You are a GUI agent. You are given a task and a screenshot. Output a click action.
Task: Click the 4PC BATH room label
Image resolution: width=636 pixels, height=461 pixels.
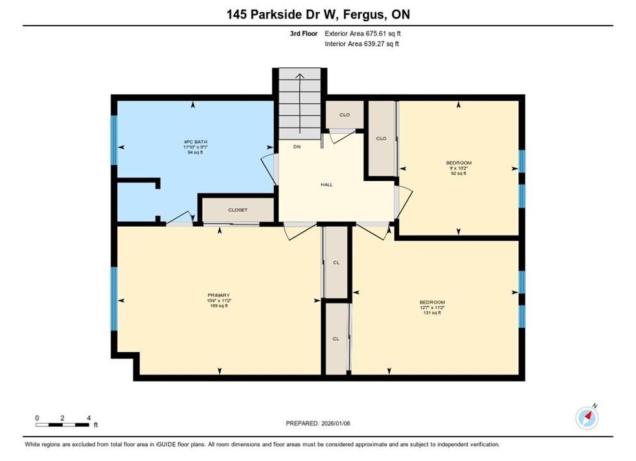point(196,142)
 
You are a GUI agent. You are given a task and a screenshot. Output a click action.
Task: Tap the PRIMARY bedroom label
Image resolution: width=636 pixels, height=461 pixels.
point(219,295)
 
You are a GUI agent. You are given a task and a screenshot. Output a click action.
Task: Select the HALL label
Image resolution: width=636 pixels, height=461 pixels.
point(326,184)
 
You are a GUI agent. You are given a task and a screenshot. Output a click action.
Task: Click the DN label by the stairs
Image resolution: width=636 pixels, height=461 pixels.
point(297,147)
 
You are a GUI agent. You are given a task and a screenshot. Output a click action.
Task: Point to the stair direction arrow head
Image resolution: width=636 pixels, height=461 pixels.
point(299,76)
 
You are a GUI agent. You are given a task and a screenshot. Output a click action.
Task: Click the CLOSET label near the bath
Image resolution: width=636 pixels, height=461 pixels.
point(237,210)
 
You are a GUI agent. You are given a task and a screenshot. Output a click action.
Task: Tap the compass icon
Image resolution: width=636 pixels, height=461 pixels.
point(587,417)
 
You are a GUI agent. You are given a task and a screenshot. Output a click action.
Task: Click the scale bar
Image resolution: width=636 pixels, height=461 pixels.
point(62,425)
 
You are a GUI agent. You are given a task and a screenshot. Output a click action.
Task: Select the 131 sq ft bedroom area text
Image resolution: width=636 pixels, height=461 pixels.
point(432,313)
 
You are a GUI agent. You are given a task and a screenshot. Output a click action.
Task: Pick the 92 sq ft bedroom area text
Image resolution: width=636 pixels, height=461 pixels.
point(458,174)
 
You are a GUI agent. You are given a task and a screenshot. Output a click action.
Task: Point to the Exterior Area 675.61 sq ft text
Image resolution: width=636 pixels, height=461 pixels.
point(363,34)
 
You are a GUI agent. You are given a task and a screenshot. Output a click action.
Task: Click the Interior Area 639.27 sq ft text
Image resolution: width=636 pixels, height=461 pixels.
point(362,44)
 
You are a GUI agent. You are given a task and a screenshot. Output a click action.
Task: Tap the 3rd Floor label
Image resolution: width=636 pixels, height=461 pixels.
point(304,34)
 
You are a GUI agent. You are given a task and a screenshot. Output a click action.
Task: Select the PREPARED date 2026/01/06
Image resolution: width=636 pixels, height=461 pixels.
point(336,423)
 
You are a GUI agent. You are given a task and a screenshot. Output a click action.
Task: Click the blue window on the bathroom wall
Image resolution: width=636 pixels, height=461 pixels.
point(114,140)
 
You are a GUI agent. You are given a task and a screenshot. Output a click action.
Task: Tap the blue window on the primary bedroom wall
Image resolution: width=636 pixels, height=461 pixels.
point(114,298)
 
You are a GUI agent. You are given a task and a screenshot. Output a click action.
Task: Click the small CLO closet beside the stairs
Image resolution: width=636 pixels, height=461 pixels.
point(344,115)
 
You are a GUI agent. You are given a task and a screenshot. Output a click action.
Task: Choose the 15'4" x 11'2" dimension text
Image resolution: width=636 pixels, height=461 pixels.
point(219,301)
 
